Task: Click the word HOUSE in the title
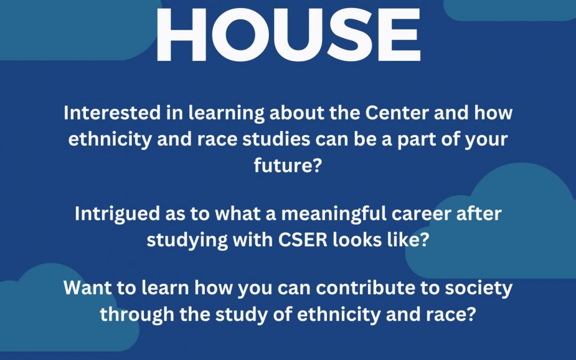[289, 35]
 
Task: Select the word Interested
[112, 113]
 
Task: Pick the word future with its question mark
[288, 165]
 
